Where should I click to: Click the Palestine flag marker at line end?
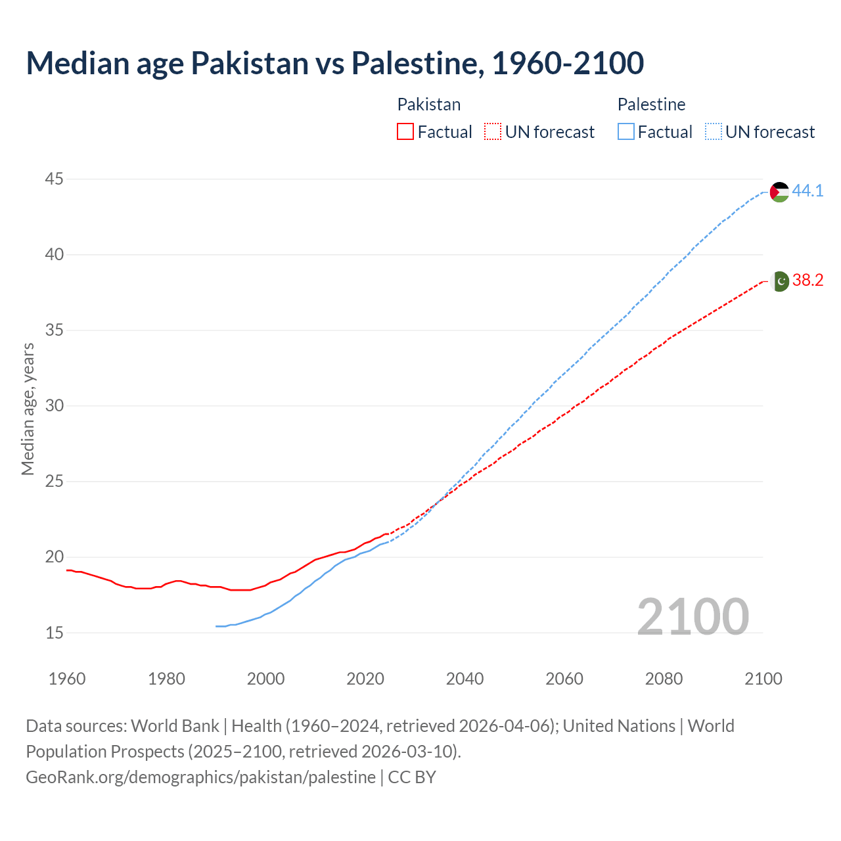pos(779,192)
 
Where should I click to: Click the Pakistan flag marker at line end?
pos(779,281)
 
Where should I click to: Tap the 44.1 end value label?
pos(807,191)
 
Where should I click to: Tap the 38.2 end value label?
pos(807,280)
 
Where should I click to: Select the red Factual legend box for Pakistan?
pos(405,132)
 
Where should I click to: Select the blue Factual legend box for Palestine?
pos(626,132)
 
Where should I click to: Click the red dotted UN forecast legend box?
pos(493,132)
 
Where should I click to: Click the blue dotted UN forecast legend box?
pos(714,132)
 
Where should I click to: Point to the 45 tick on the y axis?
pos(55,179)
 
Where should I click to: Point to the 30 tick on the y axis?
pos(55,405)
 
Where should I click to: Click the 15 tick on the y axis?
pos(55,633)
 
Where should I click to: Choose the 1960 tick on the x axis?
pos(67,679)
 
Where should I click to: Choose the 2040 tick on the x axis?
pos(465,679)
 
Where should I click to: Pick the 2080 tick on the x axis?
pos(664,679)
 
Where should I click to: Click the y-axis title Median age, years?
pos(28,409)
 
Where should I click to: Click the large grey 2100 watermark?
pos(693,616)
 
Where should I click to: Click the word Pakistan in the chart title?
pos(250,63)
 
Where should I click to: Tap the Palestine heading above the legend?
pos(651,104)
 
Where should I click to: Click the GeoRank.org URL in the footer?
pos(200,777)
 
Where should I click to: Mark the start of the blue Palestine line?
pos(216,626)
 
